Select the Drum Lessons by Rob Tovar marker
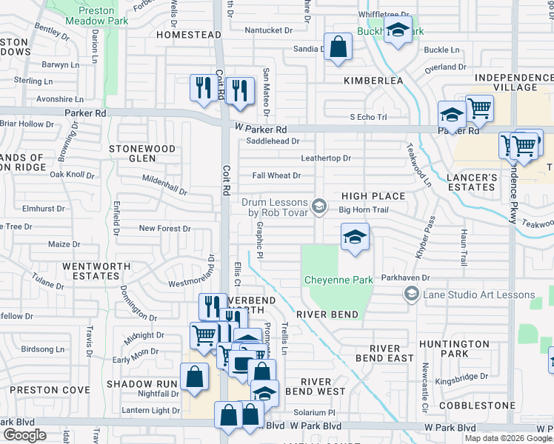coord(319,206)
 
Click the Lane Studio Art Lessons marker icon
coord(411,295)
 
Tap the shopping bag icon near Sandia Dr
coord(338,47)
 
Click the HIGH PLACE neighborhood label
coord(373,196)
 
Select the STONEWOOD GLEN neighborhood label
coord(142,153)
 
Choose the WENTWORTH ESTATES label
coord(91,270)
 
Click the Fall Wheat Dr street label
coord(276,175)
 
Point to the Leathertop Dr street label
coord(325,158)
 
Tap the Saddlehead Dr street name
coord(273,141)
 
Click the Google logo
coord(24,435)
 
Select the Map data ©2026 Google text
coord(507,438)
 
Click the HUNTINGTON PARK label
coord(475,349)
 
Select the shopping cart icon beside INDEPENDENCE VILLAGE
coord(479,108)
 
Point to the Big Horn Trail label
coord(364,209)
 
